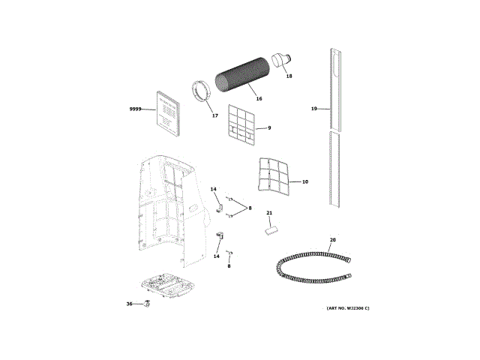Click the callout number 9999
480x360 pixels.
pos(136,109)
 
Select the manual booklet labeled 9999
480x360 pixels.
pos(169,113)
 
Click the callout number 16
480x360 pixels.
pos(259,98)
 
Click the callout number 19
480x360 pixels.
pos(315,109)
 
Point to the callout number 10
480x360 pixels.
pos(305,181)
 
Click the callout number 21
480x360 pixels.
pos(269,214)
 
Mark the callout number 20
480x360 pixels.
pos(332,240)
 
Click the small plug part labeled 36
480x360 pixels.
pos(146,304)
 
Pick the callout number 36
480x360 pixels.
pos(129,304)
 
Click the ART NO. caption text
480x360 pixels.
pos(348,308)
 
